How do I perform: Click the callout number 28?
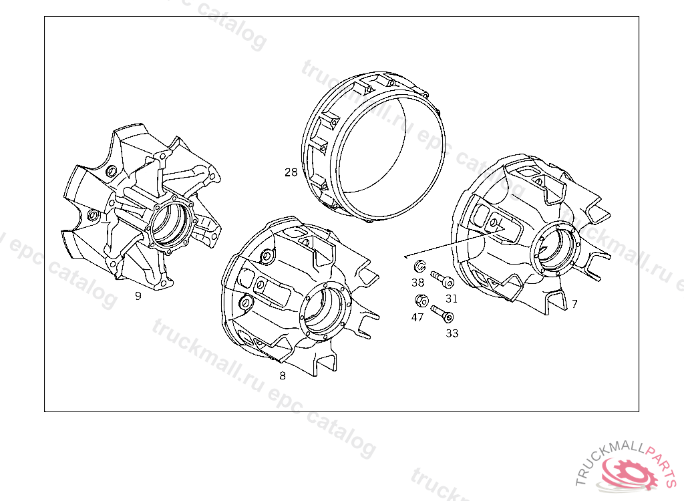(291, 172)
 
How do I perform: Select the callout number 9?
(138, 296)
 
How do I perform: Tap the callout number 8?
(283, 375)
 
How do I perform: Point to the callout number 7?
(574, 304)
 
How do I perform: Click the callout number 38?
(418, 283)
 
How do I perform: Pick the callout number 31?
(452, 299)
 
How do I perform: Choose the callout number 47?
(417, 317)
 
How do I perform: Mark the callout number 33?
(452, 333)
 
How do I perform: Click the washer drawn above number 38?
(419, 266)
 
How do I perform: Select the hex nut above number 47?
(421, 301)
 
